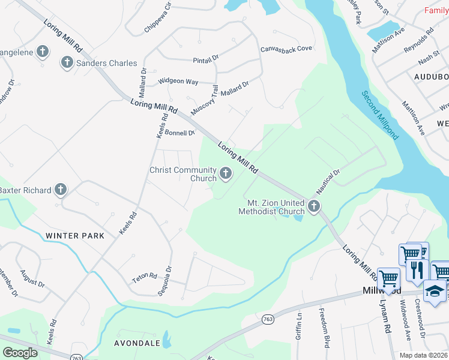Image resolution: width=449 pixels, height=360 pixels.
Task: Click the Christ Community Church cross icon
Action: [x=226, y=174]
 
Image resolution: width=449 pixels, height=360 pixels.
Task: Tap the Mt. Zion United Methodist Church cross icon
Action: [x=313, y=207]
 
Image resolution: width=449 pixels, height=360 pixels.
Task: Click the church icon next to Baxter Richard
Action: [x=60, y=190]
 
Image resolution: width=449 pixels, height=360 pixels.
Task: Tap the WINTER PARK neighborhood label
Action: [x=74, y=236]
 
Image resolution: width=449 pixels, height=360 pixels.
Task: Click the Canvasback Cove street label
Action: [x=286, y=49]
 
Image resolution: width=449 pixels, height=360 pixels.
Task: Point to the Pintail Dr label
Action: [x=207, y=61]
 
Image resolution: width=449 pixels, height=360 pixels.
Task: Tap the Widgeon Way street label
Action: [x=178, y=81]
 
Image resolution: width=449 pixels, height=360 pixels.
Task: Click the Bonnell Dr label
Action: [x=180, y=133]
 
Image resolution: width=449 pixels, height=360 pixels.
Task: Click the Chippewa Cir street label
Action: [x=157, y=18]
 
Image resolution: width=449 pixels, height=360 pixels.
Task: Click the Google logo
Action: [x=20, y=352]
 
